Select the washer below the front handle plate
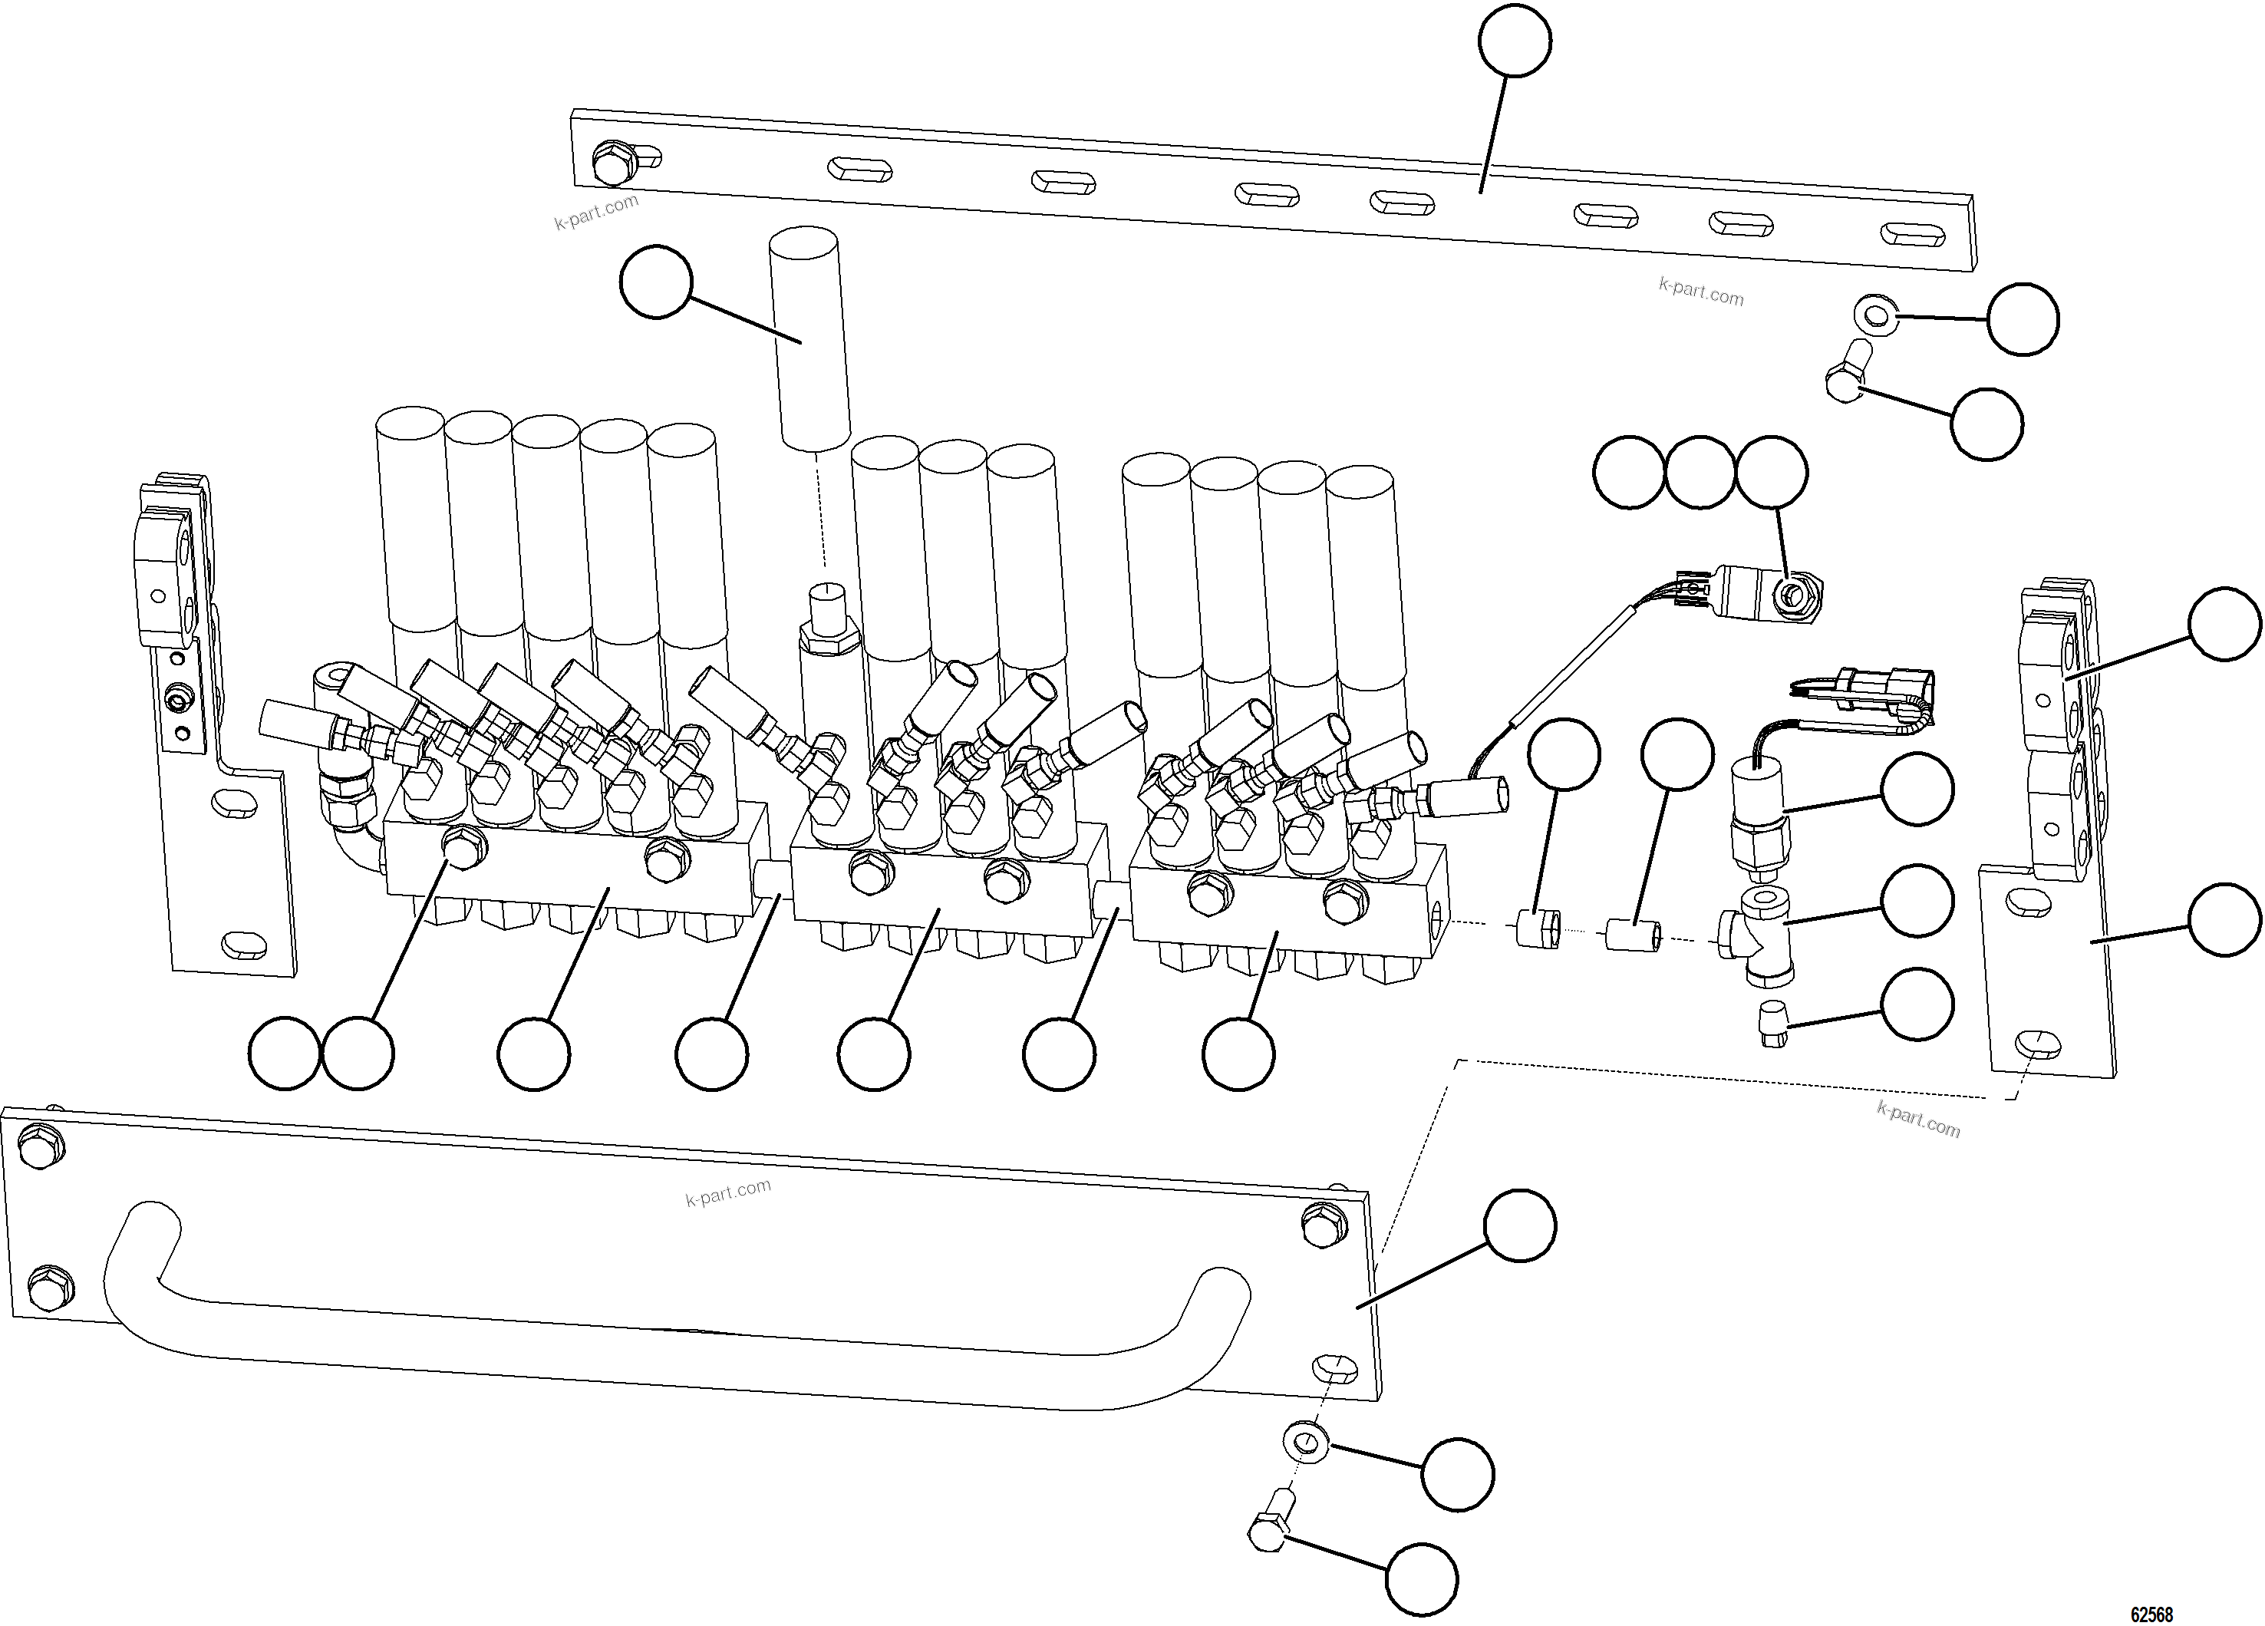1304,1441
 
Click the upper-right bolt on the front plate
1324,1225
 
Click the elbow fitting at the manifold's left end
350,819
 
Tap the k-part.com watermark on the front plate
728,1192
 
